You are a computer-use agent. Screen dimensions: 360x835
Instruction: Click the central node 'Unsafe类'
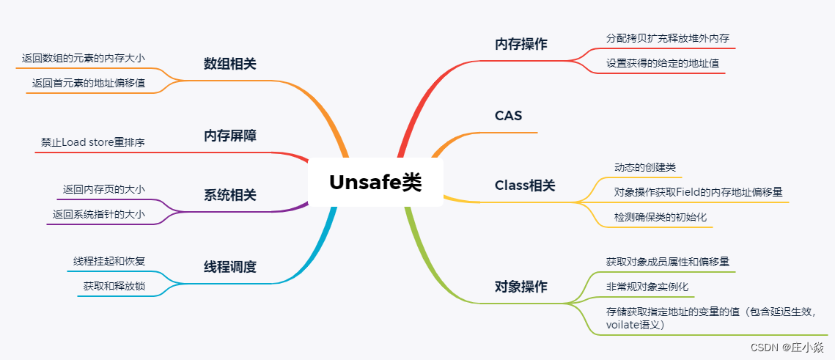point(375,182)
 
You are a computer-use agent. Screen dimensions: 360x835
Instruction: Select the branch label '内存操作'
point(521,44)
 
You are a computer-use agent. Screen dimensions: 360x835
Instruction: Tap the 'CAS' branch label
point(508,115)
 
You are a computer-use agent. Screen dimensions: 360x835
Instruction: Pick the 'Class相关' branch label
point(525,185)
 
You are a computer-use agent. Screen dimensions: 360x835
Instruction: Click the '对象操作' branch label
point(521,287)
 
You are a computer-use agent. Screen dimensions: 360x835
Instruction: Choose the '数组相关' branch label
point(230,64)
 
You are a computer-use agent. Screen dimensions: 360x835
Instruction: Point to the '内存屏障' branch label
point(230,136)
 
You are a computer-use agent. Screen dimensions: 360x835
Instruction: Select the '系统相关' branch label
point(230,195)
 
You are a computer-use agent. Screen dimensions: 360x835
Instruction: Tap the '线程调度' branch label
point(230,267)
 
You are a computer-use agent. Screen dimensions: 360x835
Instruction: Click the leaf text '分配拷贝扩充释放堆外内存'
point(668,37)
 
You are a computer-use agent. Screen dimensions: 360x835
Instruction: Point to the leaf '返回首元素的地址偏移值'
point(89,83)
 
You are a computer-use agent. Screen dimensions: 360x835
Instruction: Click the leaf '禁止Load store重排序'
point(93,142)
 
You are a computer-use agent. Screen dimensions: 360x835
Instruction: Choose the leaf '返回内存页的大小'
point(104,189)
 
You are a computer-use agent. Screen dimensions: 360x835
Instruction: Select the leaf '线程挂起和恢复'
point(109,261)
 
